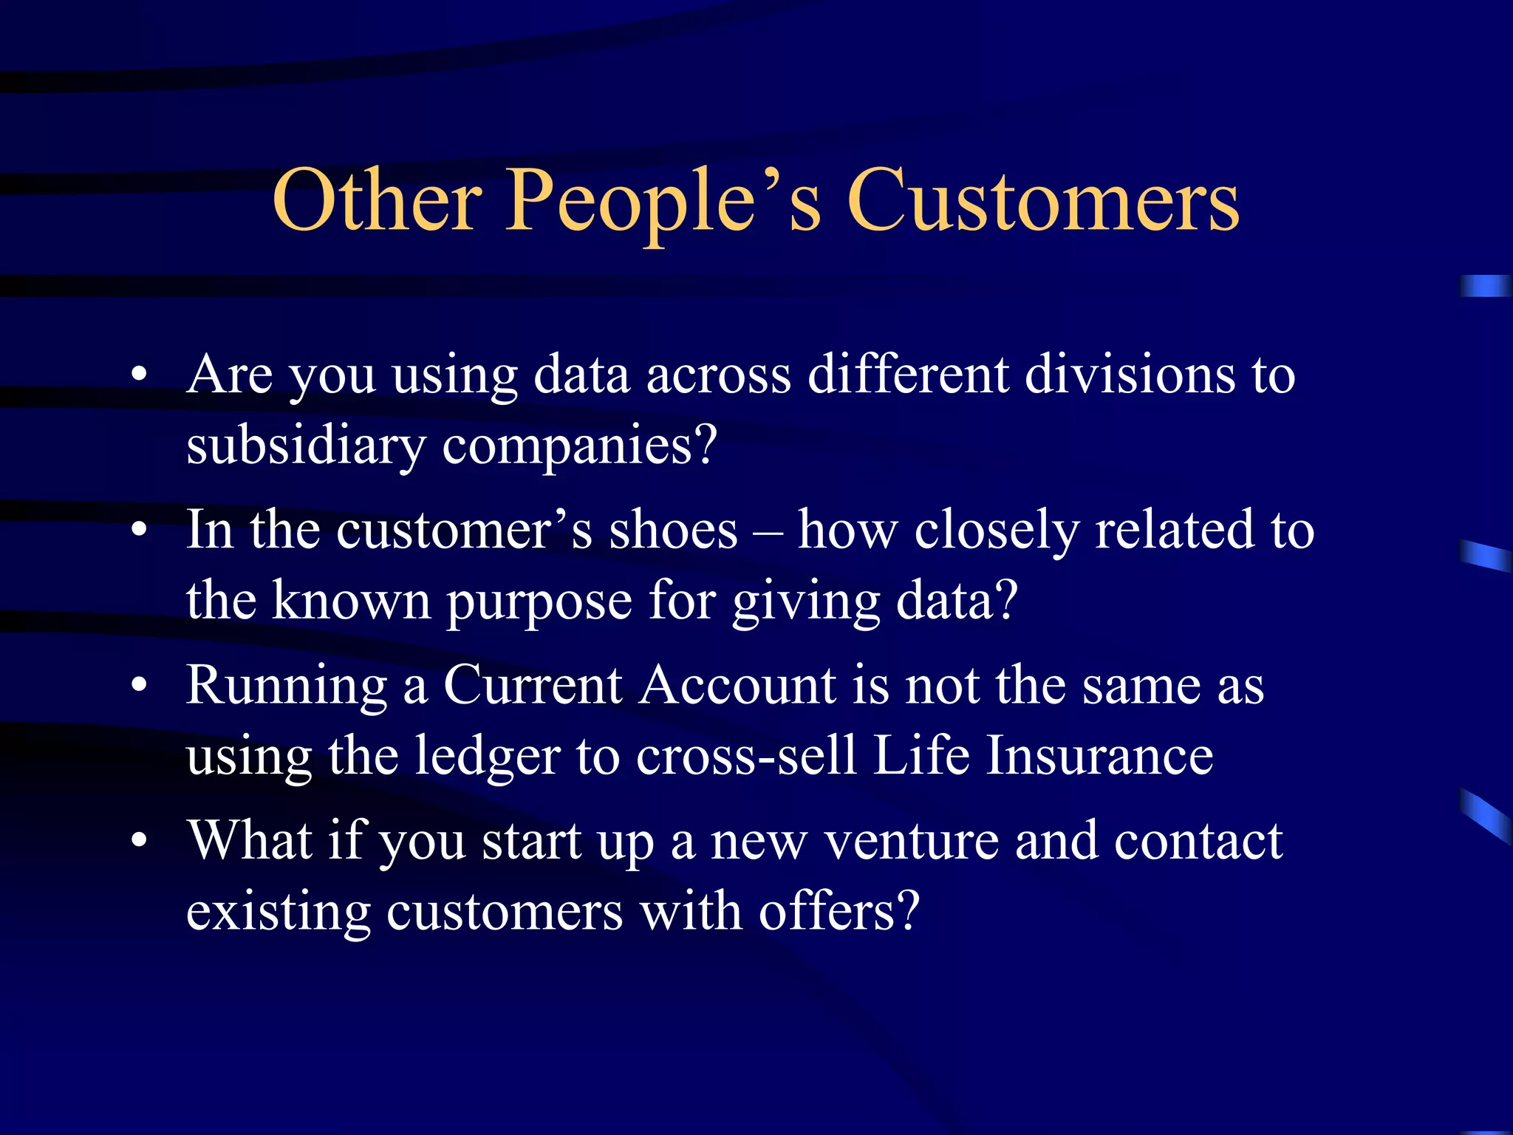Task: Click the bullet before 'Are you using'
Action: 139,375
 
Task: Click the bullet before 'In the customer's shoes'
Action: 139,531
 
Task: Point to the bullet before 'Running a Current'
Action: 139,686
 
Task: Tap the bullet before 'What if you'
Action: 139,841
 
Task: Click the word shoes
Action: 673,531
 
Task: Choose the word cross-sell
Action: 745,757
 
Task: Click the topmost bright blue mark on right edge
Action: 1485,286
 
